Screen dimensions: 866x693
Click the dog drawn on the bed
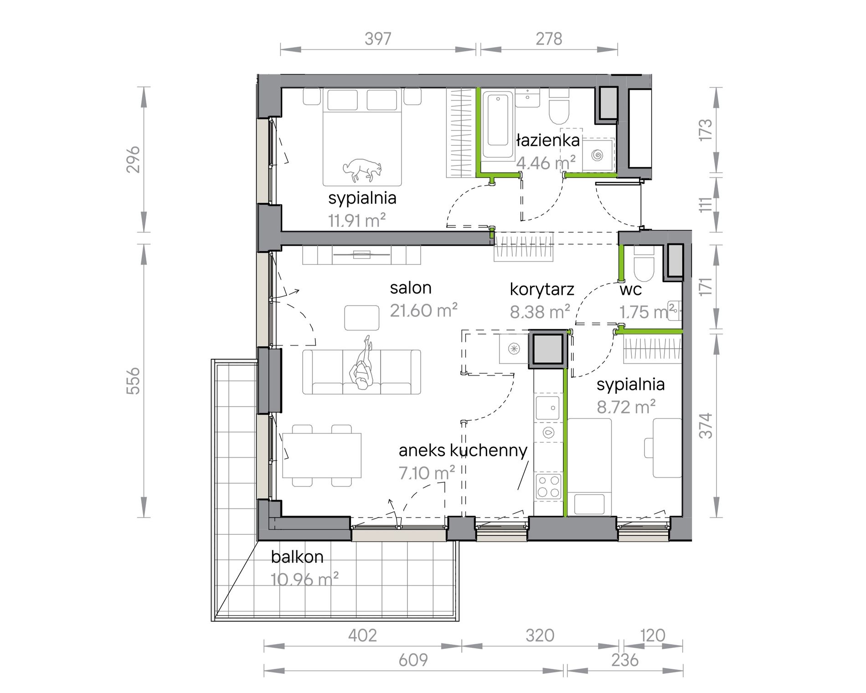pos(362,168)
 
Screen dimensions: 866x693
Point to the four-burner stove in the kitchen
pos(549,486)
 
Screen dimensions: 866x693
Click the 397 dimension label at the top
pos(378,39)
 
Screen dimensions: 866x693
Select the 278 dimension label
pos(549,39)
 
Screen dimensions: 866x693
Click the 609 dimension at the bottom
pos(413,660)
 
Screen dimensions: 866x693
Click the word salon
pos(411,288)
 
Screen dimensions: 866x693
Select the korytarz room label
pos(541,289)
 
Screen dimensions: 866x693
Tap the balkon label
pos(297,557)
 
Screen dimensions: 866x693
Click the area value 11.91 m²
pos(357,221)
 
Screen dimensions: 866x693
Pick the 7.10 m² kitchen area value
pos(427,473)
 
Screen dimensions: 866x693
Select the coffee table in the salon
pos(362,318)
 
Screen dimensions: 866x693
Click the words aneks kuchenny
pos(463,450)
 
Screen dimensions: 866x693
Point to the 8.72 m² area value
pos(626,407)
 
